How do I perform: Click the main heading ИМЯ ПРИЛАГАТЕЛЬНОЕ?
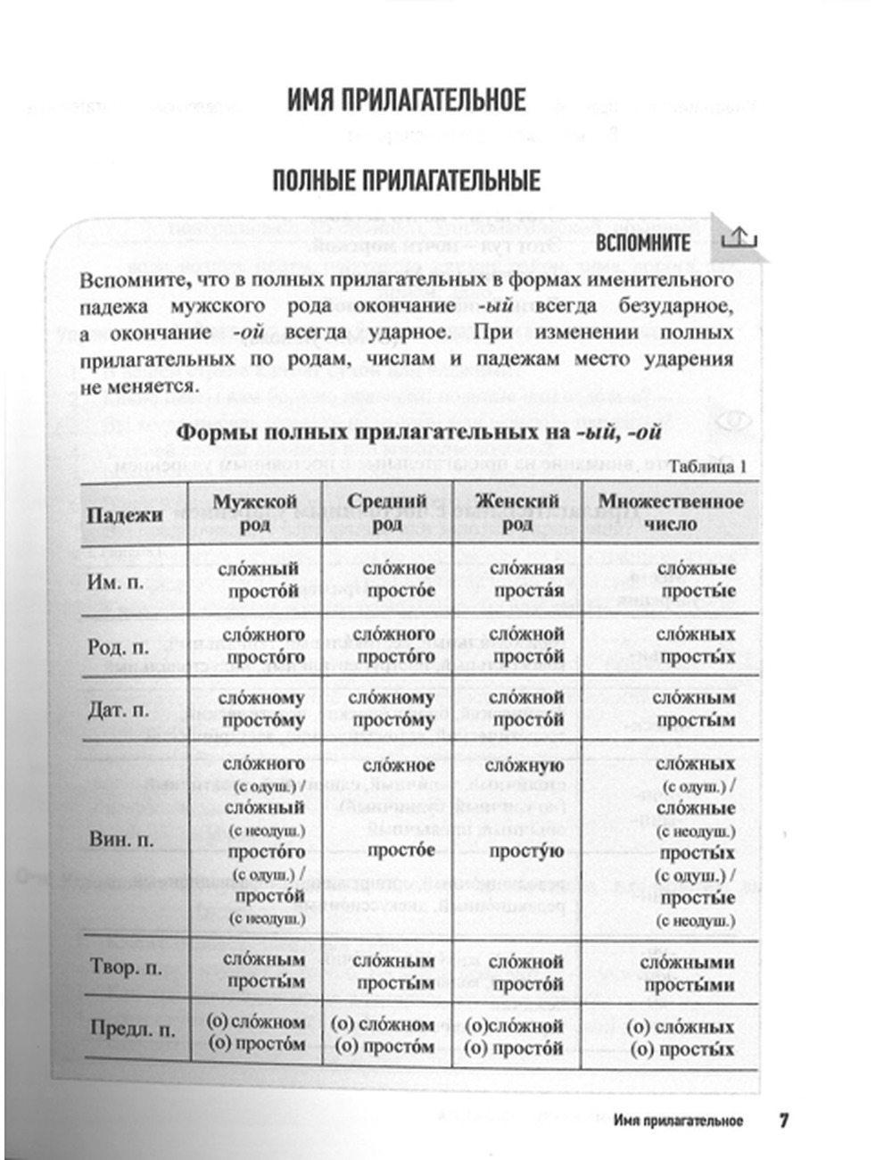[406, 99]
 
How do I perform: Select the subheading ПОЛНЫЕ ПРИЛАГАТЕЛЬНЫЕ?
[406, 181]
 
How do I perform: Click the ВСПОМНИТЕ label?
[642, 243]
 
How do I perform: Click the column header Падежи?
[125, 514]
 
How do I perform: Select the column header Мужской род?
[254, 512]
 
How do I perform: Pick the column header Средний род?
[387, 512]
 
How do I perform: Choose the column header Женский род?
[516, 512]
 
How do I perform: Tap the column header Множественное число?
[671, 512]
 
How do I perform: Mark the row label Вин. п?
[121, 840]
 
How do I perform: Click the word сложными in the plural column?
[688, 962]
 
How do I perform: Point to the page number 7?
[783, 1120]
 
